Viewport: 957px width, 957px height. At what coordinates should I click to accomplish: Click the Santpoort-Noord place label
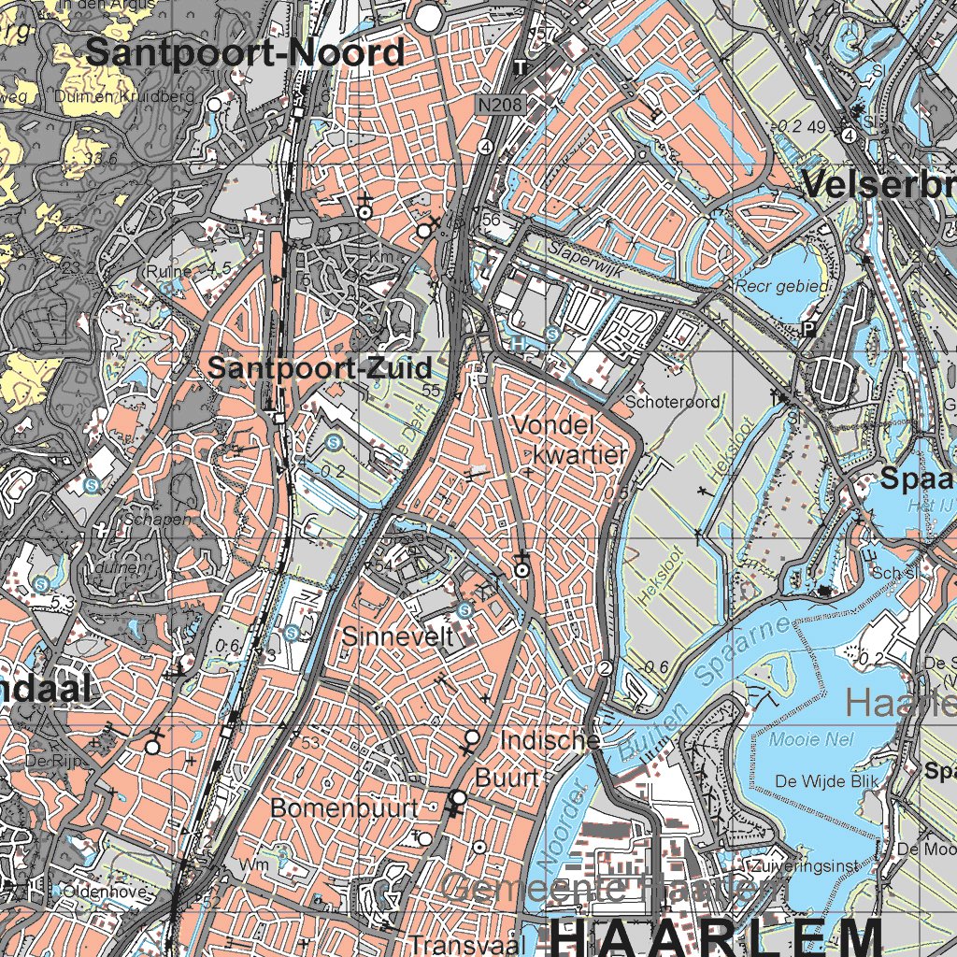245,53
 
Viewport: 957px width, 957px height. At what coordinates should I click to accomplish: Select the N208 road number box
497,107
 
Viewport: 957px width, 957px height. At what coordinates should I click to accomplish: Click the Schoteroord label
673,402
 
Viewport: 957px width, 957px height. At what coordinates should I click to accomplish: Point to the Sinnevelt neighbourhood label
397,637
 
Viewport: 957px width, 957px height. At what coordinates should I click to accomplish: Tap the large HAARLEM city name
715,935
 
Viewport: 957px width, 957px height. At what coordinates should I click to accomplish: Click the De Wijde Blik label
821,781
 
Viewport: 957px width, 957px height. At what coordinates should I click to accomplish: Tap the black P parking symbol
808,328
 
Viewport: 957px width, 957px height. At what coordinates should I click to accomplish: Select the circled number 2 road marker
605,667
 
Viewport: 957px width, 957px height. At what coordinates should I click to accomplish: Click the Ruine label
169,271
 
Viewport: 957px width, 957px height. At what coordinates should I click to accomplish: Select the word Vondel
554,426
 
